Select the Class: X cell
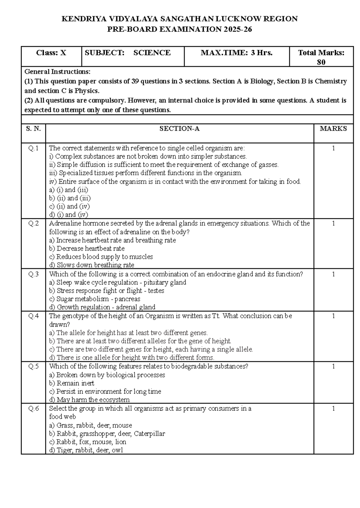click(x=51, y=53)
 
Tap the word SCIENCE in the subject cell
click(x=152, y=53)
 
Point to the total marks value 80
click(x=321, y=62)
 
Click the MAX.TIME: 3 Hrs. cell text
click(x=236, y=53)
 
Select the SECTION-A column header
click(x=179, y=129)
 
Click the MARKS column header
click(x=333, y=129)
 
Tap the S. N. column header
click(x=33, y=129)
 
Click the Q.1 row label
click(x=33, y=148)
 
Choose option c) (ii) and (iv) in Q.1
click(x=69, y=206)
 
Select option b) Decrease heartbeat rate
click(x=86, y=249)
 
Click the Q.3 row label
click(x=33, y=274)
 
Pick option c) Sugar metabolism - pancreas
click(x=94, y=299)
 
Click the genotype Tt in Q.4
click(x=215, y=316)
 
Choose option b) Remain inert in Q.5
click(x=71, y=383)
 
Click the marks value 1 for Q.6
click(x=333, y=408)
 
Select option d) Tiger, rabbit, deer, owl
click(x=86, y=450)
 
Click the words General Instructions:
click(x=57, y=72)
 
